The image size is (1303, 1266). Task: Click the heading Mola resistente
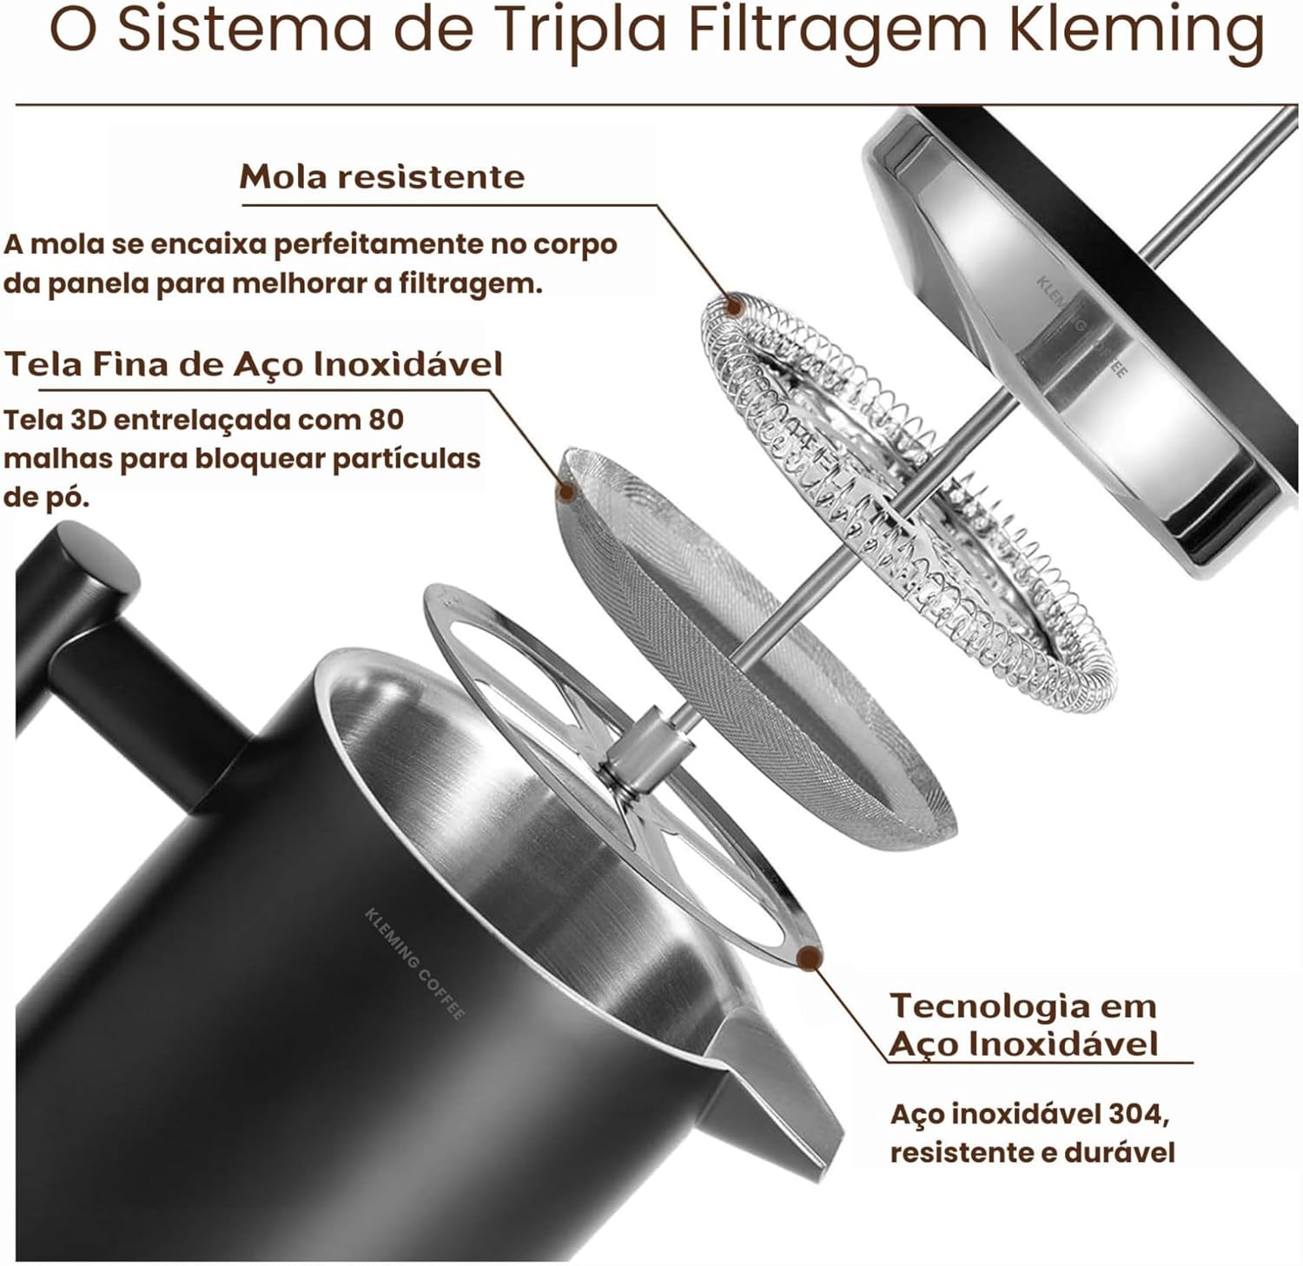pos(382,176)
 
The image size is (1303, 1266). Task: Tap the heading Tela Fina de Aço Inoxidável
pos(254,363)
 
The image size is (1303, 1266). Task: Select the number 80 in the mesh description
pos(386,420)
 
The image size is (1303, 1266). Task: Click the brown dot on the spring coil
pos(734,306)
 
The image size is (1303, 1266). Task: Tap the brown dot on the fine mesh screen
pos(567,492)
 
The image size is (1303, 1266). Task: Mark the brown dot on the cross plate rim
pos(810,958)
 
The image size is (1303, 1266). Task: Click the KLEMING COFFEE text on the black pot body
pos(414,964)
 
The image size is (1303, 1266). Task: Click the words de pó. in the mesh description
pos(46,498)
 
